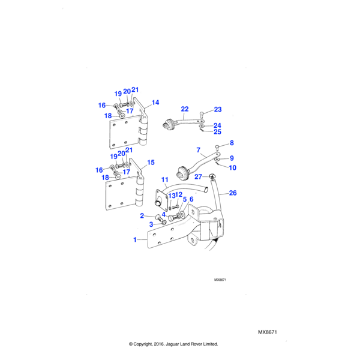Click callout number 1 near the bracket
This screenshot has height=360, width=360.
[x=136, y=239]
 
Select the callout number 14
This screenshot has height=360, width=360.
[x=155, y=103]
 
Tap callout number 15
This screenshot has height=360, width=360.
[x=151, y=163]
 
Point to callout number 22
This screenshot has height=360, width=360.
[x=185, y=109]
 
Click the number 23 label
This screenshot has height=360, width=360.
[x=218, y=109]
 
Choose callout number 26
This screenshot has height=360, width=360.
[x=233, y=193]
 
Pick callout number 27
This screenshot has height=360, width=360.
[x=198, y=176]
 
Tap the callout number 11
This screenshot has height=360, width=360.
[x=165, y=180]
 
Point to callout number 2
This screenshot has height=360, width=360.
[x=142, y=215]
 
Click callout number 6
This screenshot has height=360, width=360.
[x=191, y=199]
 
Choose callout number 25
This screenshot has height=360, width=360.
[x=218, y=131]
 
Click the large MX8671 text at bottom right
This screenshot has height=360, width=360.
[x=271, y=332]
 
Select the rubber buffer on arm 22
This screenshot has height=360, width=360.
[x=170, y=125]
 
